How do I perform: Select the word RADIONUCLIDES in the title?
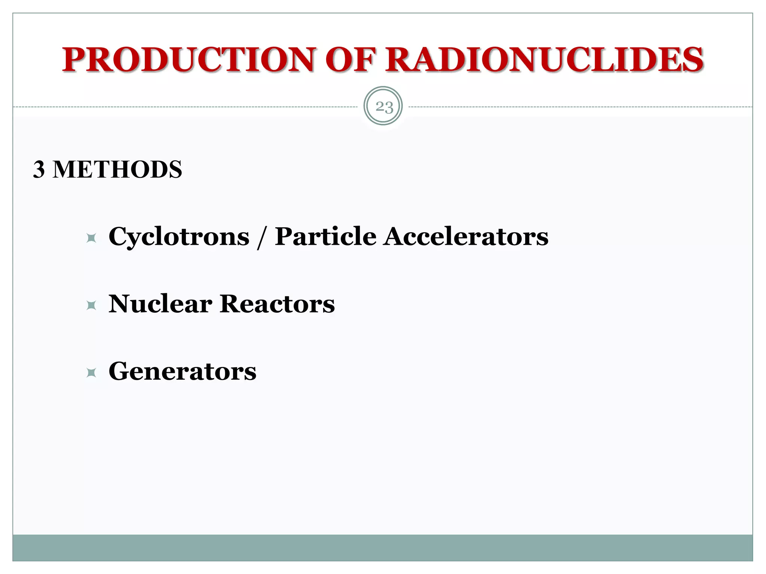point(544,60)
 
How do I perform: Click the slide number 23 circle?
point(383,106)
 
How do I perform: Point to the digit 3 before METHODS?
point(39,169)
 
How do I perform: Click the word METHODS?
point(117,169)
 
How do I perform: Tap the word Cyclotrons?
point(179,237)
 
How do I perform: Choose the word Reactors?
point(277,303)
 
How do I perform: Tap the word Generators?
point(183,371)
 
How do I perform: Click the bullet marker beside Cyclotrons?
point(91,238)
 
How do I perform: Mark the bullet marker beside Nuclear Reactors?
point(91,305)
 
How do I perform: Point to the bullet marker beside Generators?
point(91,373)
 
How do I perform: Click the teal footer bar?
point(383,547)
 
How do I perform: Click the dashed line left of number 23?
point(187,107)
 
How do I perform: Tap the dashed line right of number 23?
point(580,107)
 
